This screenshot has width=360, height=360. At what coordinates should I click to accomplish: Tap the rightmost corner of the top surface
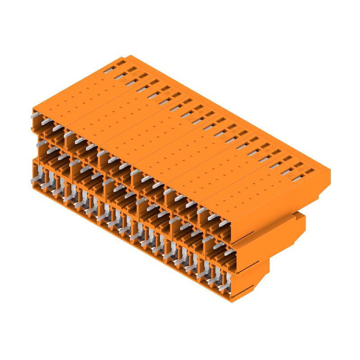click(330, 170)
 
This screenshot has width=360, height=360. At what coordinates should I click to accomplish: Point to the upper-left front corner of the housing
click(33, 110)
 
